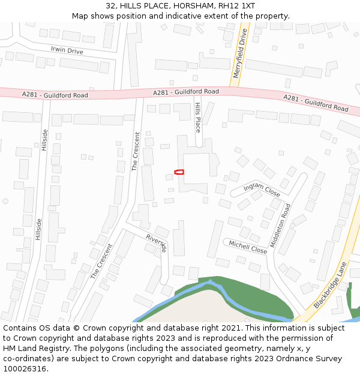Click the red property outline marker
click(179, 172)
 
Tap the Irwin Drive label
click(67, 51)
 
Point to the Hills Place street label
click(198, 117)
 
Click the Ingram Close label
click(262, 190)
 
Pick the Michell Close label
click(248, 247)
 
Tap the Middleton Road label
click(281, 226)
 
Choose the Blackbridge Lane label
click(330, 285)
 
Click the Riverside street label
click(156, 242)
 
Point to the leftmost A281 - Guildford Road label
click(55, 95)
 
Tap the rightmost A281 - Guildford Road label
click(316, 103)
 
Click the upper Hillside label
click(44, 140)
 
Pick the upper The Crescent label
click(136, 151)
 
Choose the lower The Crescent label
click(101, 261)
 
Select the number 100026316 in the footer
click(25, 369)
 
